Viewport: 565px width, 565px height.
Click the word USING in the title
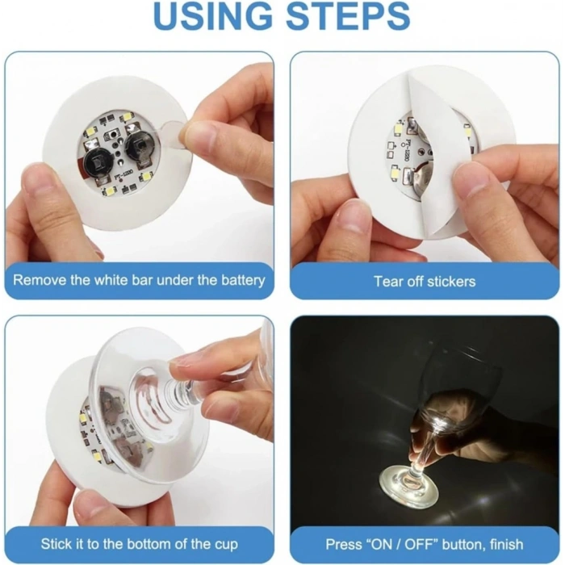pos(212,18)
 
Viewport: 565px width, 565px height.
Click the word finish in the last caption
pos(501,545)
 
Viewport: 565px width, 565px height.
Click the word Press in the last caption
pos(342,545)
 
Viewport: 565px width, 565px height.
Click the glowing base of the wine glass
pos(420,486)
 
